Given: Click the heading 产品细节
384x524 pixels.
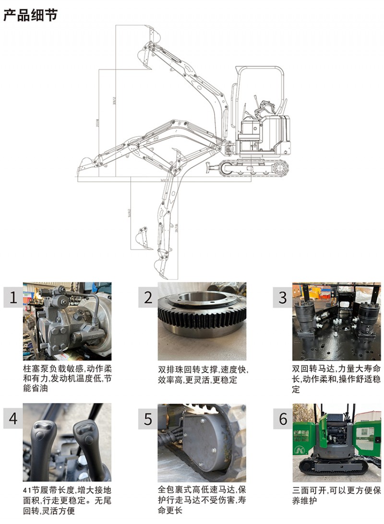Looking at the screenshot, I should [x=30, y=15].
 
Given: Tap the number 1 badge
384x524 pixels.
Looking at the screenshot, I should [x=13, y=298].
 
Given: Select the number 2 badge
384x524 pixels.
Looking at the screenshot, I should [x=148, y=298].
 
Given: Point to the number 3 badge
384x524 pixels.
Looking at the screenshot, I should [x=283, y=298].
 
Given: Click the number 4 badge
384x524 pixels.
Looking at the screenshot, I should [x=13, y=418].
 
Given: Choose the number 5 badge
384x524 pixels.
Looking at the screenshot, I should [x=148, y=418].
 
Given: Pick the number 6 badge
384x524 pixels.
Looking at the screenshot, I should [x=283, y=418].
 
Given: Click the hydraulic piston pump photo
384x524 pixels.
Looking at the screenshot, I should [x=67, y=321].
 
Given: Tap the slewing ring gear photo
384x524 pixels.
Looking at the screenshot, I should [x=202, y=321].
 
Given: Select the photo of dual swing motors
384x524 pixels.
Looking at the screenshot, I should [x=336, y=321].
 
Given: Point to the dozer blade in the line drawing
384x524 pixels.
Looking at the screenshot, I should [x=211, y=168].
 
